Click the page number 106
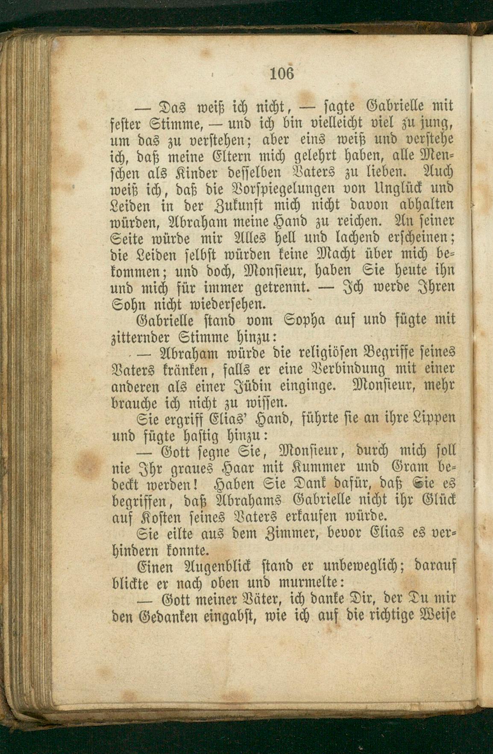tap(282, 74)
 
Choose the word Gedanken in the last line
tap(168, 616)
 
